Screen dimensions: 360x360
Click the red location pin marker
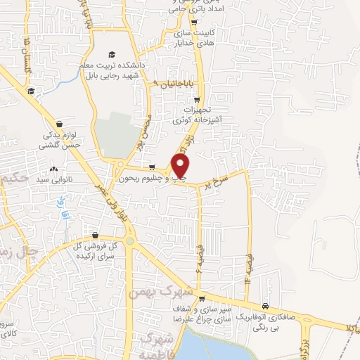[181, 166]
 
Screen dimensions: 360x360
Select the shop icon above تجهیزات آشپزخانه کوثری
[198, 100]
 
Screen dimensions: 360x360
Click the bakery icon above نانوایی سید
[54, 169]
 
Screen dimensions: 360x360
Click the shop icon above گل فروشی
[95, 235]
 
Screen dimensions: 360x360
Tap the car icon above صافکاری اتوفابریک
[265, 306]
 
